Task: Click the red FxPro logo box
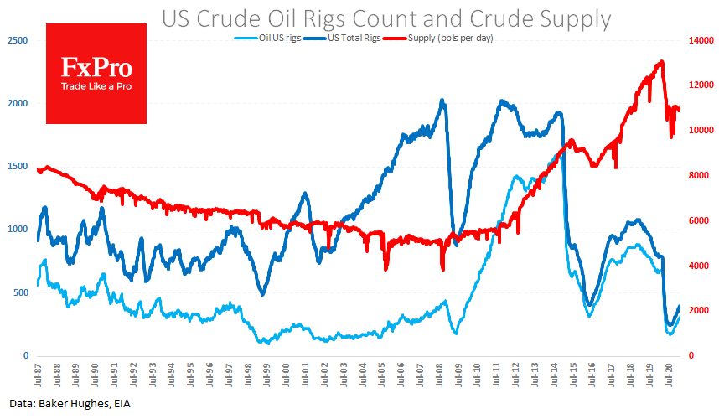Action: point(96,74)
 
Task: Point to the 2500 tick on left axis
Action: point(17,40)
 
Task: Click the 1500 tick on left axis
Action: point(17,167)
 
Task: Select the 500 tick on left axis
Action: point(19,292)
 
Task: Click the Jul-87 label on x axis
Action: point(38,372)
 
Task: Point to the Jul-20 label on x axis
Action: point(670,372)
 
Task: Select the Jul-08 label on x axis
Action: point(441,372)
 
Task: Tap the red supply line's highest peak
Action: point(662,61)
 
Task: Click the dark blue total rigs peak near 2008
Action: point(442,101)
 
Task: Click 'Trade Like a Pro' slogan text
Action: point(96,86)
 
